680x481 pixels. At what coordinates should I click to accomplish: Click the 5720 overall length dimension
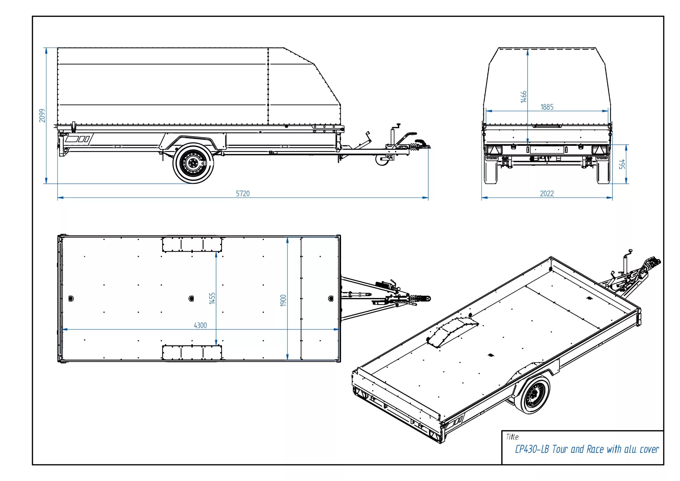coord(243,193)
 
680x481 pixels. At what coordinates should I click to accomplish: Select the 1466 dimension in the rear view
coord(523,97)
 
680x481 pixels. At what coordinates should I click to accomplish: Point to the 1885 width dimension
coord(547,107)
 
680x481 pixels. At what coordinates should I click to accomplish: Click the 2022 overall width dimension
coord(547,193)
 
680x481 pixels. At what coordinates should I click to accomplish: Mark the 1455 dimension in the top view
coord(212,298)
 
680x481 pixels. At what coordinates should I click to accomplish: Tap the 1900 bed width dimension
coord(283,300)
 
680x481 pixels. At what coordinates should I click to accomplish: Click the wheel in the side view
coord(193,163)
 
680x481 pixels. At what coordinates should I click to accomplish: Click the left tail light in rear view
coord(492,150)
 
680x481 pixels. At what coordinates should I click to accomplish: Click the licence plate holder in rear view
coord(546,149)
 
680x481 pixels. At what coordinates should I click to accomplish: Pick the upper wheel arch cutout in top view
coord(192,244)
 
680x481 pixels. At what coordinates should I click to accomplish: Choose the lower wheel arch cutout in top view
coord(192,353)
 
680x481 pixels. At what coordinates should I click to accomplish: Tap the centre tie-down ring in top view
coord(191,298)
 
